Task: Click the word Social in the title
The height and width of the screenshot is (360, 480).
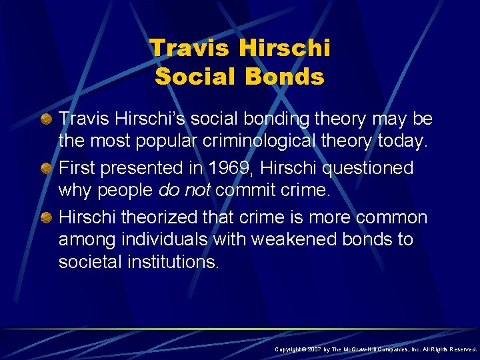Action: (x=195, y=77)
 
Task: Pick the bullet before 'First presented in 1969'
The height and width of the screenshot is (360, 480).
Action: (x=47, y=168)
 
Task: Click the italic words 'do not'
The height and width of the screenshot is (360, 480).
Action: (x=183, y=191)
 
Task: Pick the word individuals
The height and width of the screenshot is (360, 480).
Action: (x=169, y=239)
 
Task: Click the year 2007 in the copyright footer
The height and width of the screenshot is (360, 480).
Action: (x=315, y=349)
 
